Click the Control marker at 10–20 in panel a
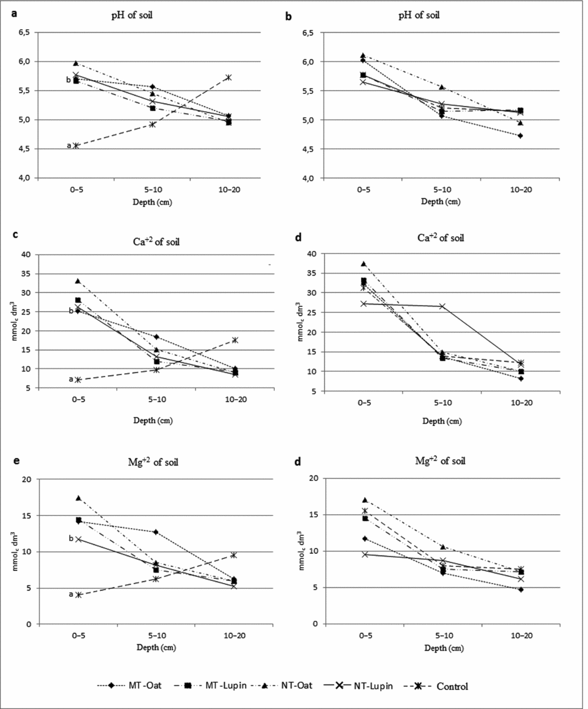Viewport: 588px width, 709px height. tap(229, 77)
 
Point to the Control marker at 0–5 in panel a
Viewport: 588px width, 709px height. tap(76, 145)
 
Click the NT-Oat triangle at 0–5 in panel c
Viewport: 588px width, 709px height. tap(78, 281)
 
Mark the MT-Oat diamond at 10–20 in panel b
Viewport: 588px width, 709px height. tap(520, 136)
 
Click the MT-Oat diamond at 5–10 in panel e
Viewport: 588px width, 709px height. tap(155, 532)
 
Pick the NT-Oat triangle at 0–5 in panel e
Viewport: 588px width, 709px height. tap(78, 498)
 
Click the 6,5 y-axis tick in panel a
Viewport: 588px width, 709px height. tap(25, 33)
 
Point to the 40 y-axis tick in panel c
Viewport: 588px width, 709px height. tap(26, 255)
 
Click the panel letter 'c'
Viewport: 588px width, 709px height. tap(15, 235)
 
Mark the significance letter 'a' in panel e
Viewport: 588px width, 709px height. tap(71, 594)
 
